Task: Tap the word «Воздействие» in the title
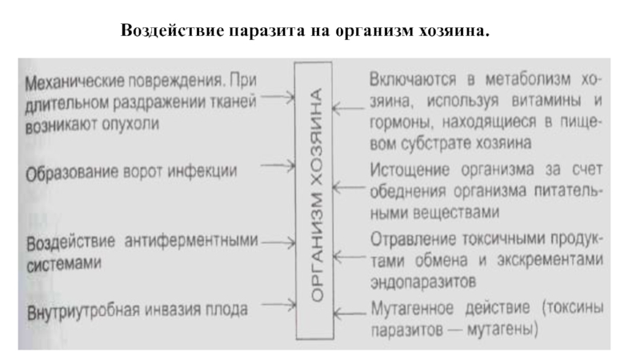click(173, 30)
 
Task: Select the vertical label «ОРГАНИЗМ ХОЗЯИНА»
click(315, 195)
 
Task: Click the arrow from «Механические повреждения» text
click(278, 98)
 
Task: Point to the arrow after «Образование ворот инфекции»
click(278, 166)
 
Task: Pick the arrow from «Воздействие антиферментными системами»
click(278, 242)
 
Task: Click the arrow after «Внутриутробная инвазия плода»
click(278, 305)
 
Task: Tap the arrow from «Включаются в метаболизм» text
click(348, 109)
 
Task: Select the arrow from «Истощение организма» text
click(349, 188)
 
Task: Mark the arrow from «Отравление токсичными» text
click(350, 257)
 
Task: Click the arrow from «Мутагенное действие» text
click(350, 314)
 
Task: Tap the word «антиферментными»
click(191, 242)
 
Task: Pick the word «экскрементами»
click(550, 260)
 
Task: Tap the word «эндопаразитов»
click(423, 282)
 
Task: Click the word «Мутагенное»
click(412, 308)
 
